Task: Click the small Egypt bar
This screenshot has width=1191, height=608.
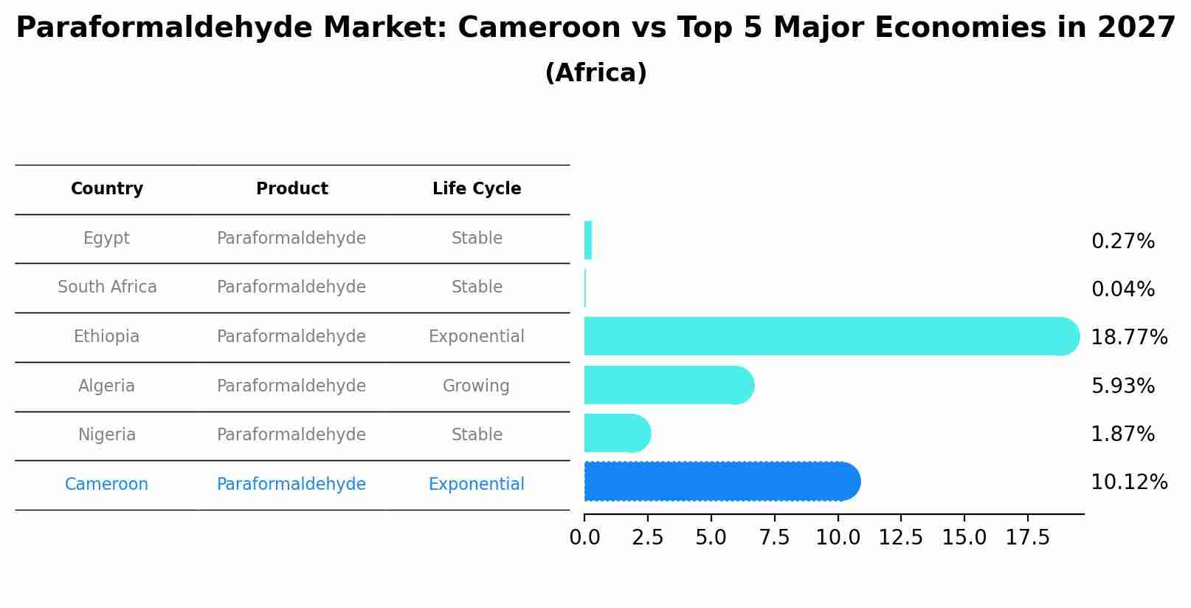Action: click(588, 240)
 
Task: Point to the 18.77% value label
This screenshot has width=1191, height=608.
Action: click(1128, 338)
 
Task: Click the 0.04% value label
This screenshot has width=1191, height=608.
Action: click(1122, 290)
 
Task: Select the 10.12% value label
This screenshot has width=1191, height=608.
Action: click(1128, 482)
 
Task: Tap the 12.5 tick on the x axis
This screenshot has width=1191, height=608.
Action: click(900, 538)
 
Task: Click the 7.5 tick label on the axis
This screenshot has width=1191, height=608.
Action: click(774, 538)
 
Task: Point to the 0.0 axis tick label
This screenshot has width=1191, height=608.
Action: click(584, 538)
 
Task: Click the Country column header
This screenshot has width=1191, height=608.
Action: click(107, 189)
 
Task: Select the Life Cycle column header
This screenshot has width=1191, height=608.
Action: click(477, 189)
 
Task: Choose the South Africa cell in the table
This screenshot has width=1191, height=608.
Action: click(107, 287)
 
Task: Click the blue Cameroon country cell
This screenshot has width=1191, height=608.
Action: click(107, 485)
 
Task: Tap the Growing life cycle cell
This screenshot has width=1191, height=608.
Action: click(476, 386)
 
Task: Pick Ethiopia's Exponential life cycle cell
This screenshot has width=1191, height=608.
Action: click(476, 337)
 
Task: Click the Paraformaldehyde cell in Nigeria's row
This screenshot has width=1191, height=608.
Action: click(291, 435)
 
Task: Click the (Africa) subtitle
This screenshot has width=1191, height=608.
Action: click(595, 73)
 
